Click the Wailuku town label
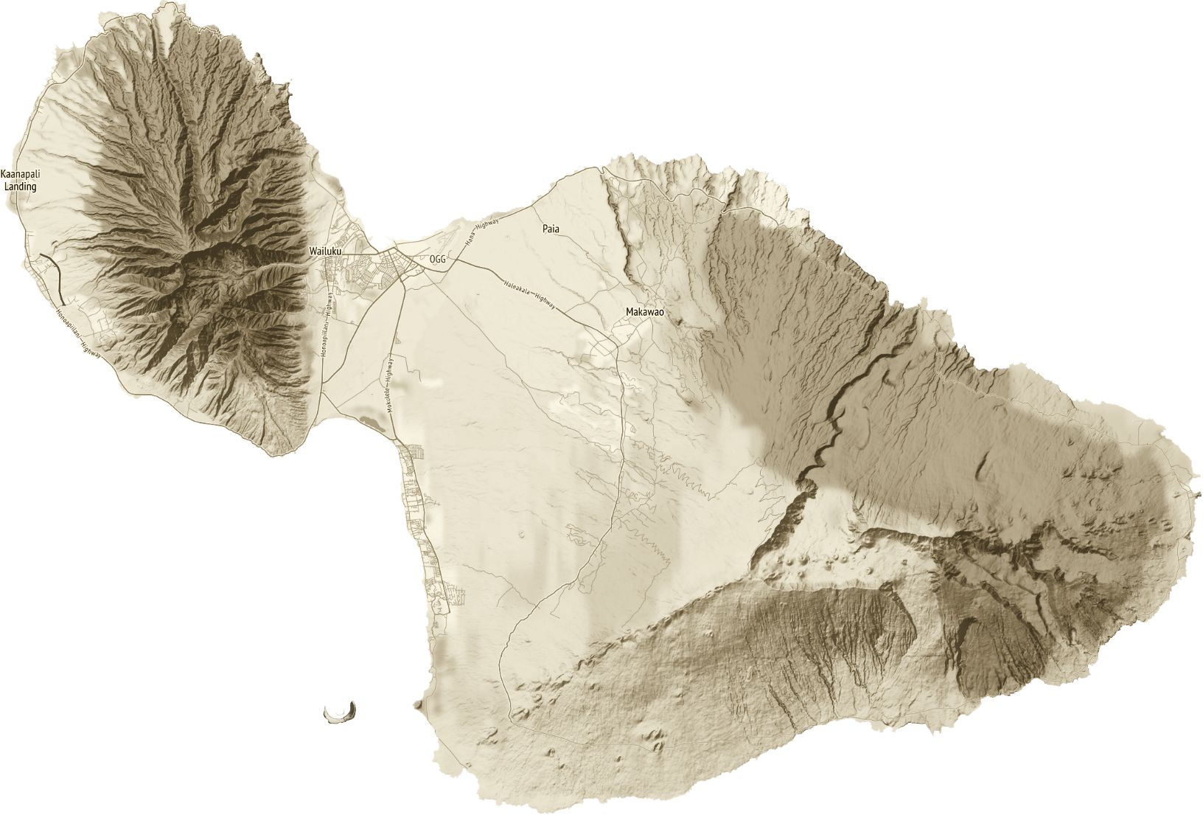[x=325, y=252]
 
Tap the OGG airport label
[x=438, y=260]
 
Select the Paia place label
[x=551, y=229]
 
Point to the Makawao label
[x=644, y=312]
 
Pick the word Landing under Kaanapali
[x=20, y=187]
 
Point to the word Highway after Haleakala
[x=545, y=302]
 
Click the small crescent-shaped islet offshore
[x=341, y=712]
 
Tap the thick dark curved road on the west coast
[x=54, y=277]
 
